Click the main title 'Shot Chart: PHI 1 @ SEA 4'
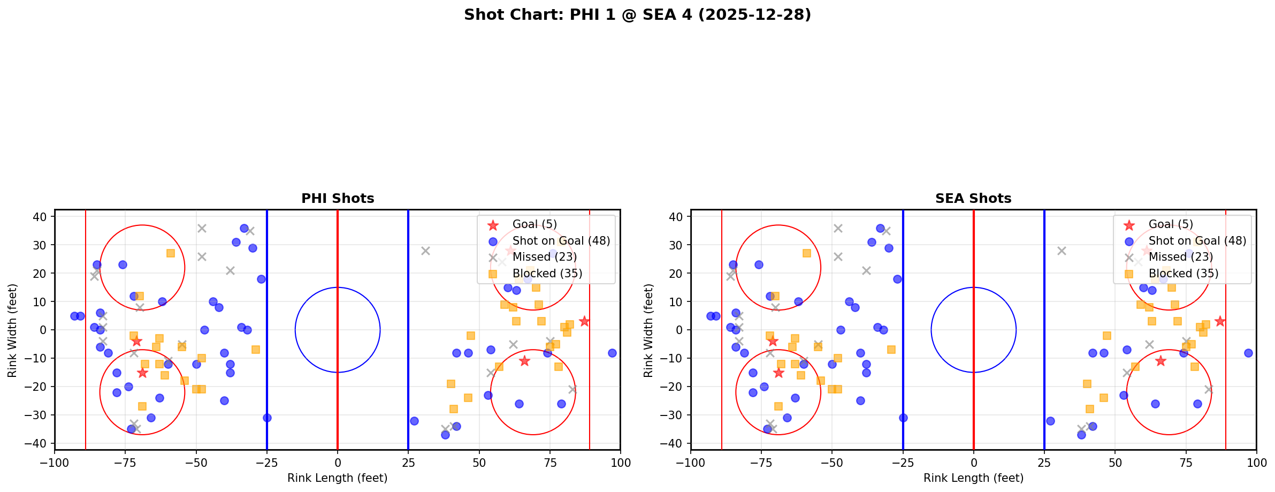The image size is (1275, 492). click(x=637, y=15)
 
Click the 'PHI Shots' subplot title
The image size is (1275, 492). click(x=338, y=199)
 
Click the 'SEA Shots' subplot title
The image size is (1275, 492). click(x=973, y=199)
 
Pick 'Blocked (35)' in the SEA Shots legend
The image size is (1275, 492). click(x=1183, y=274)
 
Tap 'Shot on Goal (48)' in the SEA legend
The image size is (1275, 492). click(x=1197, y=241)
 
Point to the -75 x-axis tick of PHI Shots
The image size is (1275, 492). click(x=125, y=462)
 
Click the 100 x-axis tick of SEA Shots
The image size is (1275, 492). click(x=1256, y=462)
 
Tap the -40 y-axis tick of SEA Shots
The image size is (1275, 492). click(x=676, y=443)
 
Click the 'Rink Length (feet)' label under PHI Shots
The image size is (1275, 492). click(x=338, y=478)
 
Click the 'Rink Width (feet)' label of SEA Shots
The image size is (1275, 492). click(x=648, y=330)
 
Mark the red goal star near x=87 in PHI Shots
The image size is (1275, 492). click(x=584, y=321)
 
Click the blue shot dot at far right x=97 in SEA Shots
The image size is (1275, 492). click(x=1248, y=353)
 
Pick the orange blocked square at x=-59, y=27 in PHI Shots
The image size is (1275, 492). click(x=171, y=253)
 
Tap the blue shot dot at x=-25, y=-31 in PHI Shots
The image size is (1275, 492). click(x=267, y=418)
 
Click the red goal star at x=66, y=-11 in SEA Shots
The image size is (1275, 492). click(x=1160, y=361)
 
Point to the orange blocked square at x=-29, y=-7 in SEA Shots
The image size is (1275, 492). click(x=891, y=350)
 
